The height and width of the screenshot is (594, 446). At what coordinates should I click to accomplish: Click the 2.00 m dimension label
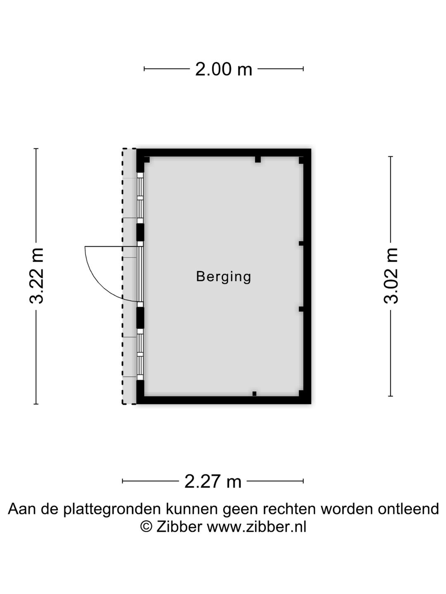tap(223, 69)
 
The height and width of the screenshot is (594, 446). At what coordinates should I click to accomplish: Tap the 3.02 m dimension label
tap(391, 276)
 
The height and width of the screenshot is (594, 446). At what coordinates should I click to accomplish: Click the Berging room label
tap(224, 277)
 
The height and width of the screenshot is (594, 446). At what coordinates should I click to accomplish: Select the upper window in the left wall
tap(140, 198)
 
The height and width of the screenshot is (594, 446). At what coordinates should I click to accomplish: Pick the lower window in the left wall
tap(140, 354)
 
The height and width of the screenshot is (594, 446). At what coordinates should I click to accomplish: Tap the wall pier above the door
tap(140, 232)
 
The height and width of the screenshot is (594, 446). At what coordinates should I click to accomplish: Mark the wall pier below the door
tap(140, 318)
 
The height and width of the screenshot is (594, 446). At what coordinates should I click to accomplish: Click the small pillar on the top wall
tap(258, 159)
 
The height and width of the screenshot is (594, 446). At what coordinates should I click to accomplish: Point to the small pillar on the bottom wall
tap(254, 394)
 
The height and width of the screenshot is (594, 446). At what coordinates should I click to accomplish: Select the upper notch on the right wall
tap(301, 243)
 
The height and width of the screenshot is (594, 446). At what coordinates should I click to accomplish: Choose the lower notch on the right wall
tap(301, 309)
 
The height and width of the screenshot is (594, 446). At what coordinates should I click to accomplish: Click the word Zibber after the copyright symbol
tap(179, 527)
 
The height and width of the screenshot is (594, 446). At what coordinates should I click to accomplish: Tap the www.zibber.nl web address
tap(256, 527)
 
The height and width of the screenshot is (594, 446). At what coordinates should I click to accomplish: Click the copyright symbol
tap(146, 527)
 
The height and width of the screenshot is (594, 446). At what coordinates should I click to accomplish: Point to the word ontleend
tap(408, 509)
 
